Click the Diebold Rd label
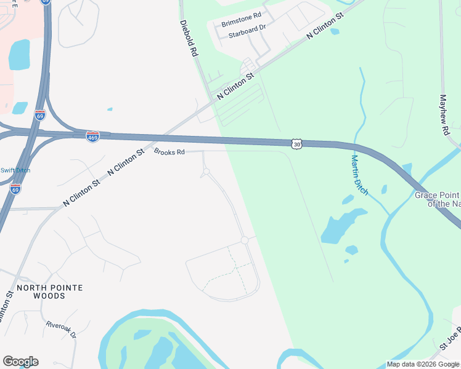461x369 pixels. [x=189, y=39]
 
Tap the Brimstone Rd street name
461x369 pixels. [x=242, y=23]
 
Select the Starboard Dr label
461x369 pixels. [x=247, y=35]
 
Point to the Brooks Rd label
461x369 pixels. [x=169, y=152]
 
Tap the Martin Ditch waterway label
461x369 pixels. [x=359, y=175]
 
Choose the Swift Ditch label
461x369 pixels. [x=15, y=170]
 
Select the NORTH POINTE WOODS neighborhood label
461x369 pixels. [x=49, y=292]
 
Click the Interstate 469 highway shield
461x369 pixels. [x=92, y=137]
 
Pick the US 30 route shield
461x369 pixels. [x=297, y=144]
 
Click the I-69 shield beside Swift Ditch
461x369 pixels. [x=15, y=189]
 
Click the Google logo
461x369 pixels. [x=20, y=362]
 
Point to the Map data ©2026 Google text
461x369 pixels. [x=423, y=364]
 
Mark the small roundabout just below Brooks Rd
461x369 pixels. [x=206, y=172]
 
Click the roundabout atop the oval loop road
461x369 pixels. [x=245, y=240]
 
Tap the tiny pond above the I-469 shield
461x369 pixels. [x=110, y=109]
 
